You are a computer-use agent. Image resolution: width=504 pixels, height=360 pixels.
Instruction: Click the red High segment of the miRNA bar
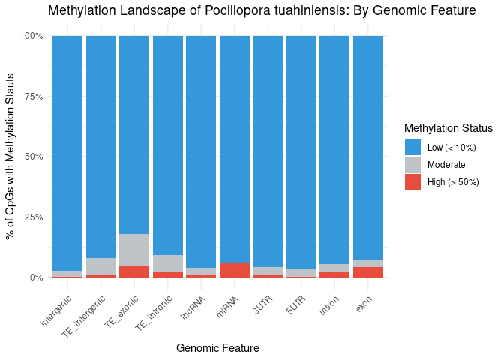[234, 270]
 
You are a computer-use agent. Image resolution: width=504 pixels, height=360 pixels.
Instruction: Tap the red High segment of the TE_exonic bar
[134, 271]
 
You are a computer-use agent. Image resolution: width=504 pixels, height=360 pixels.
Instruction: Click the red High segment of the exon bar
[368, 272]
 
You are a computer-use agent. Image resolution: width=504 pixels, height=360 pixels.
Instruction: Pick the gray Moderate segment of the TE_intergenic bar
[101, 266]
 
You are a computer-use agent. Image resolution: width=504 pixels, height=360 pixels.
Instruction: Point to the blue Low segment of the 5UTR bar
[301, 150]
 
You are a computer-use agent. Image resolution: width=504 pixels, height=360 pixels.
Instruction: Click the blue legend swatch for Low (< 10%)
[412, 148]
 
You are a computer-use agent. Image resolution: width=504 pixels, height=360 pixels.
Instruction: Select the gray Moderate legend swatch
[412, 165]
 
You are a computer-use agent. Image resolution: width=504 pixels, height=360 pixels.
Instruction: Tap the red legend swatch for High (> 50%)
[412, 182]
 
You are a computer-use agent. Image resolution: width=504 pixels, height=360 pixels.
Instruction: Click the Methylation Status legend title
[448, 128]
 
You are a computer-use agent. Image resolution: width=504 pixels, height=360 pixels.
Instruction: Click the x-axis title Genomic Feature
[217, 348]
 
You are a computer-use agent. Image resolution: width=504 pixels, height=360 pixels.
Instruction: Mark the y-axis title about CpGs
[11, 156]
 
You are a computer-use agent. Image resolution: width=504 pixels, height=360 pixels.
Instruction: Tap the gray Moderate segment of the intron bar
[334, 268]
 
